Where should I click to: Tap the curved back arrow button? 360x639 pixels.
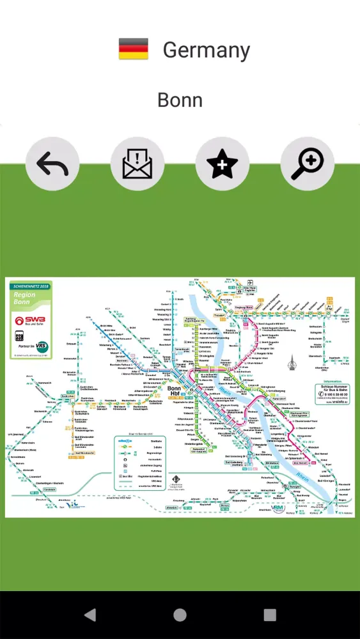(52, 165)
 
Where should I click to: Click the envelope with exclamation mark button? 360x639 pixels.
(137, 165)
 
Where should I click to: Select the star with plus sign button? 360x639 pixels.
(222, 165)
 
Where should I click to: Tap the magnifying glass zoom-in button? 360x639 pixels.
(307, 165)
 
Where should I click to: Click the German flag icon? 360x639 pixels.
(133, 49)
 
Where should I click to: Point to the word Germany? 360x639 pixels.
(206, 50)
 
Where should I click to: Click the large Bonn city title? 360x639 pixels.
(180, 100)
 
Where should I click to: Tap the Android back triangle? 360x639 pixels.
(90, 615)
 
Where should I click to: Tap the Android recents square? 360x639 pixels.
(270, 615)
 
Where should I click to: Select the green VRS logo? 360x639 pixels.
(41, 347)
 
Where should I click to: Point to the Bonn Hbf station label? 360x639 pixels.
(174, 391)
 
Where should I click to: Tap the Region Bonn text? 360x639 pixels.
(26, 298)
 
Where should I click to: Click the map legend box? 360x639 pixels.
(139, 462)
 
